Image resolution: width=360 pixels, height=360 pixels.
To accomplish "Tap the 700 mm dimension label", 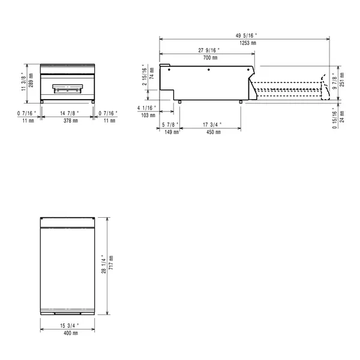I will point(210,58).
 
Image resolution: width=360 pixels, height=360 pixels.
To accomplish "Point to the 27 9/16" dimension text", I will point(209,50).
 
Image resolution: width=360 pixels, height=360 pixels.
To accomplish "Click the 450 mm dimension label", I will point(214,132).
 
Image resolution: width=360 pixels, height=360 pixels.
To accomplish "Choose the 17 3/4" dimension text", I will point(213,124).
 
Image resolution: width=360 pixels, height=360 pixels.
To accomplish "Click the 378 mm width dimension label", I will point(71,121).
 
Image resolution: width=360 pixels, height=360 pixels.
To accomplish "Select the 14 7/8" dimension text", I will point(71,113).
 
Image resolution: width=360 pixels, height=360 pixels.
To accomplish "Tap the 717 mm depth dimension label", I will point(111,262).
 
